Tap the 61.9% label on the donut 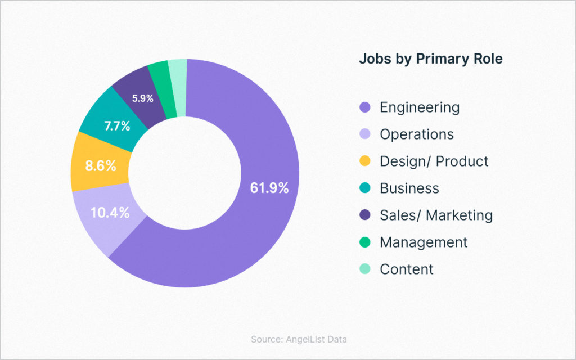click(269, 188)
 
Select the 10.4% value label click(111, 213)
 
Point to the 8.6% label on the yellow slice click(101, 166)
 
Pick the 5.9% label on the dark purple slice click(143, 98)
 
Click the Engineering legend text click(420, 107)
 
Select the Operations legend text click(417, 134)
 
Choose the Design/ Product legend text click(434, 161)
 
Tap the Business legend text click(409, 188)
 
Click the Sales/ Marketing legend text click(436, 215)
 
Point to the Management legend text click(424, 242)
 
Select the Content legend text click(407, 269)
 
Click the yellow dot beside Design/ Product click(365, 161)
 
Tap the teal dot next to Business click(365, 188)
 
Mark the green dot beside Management click(365, 242)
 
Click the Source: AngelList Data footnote click(299, 339)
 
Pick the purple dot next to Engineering click(365, 107)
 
